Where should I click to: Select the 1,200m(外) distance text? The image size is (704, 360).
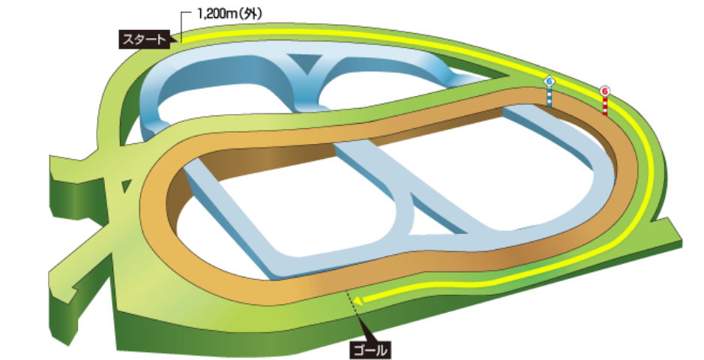(x=229, y=14)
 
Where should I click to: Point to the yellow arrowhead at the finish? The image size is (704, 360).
(x=358, y=300)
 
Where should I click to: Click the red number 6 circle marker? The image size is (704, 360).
(x=605, y=91)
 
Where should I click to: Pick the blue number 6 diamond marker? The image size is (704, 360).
(x=549, y=82)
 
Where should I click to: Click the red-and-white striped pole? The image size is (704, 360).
(x=605, y=106)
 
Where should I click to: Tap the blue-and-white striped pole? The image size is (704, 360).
(x=549, y=97)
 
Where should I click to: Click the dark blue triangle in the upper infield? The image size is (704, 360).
(x=307, y=62)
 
